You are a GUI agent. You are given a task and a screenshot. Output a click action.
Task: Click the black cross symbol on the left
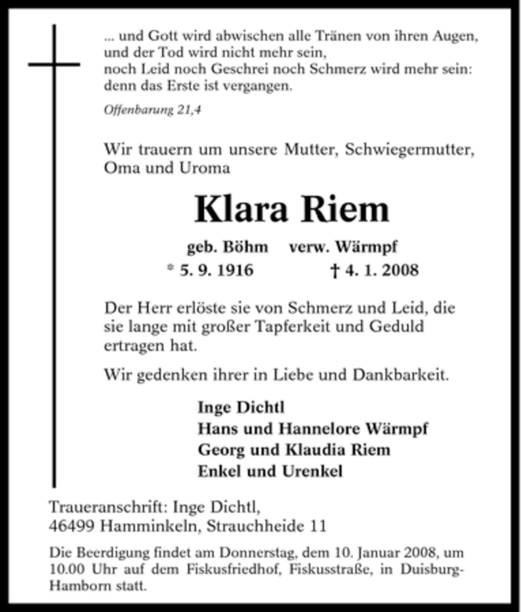[x=54, y=65]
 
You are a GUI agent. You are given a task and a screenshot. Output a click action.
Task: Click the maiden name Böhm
[x=246, y=247]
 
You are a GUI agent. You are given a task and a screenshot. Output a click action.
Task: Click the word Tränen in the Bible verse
[x=356, y=36]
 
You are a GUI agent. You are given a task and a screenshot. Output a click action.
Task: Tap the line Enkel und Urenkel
[x=270, y=471]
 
